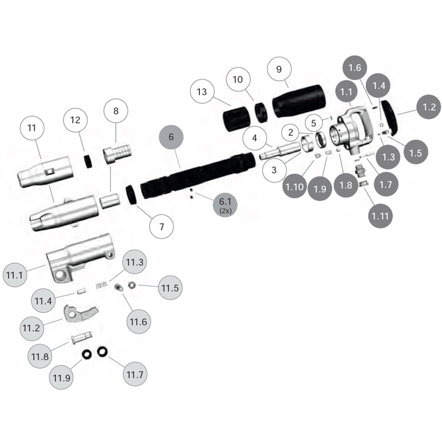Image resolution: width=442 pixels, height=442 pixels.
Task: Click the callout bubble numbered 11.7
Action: pyautogui.click(x=135, y=374)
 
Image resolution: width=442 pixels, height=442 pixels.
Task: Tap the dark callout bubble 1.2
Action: pyautogui.click(x=429, y=107)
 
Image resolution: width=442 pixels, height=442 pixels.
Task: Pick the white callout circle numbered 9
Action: pyautogui.click(x=279, y=69)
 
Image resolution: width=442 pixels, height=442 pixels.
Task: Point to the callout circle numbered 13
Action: pyautogui.click(x=202, y=92)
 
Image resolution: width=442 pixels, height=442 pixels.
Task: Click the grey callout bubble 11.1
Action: pyautogui.click(x=15, y=275)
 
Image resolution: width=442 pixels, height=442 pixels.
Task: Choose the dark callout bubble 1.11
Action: pyautogui.click(x=380, y=216)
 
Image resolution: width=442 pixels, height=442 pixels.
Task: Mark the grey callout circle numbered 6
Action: pyautogui.click(x=171, y=137)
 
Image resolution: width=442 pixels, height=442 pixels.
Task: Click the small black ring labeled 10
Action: pyautogui.click(x=262, y=112)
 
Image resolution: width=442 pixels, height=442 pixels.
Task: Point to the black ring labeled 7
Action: pyautogui.click(x=132, y=194)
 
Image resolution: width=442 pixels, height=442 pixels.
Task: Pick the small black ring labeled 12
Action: pyautogui.click(x=88, y=161)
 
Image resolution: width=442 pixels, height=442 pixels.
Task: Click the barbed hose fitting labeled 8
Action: pyautogui.click(x=117, y=154)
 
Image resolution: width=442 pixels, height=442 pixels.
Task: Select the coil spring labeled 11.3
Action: pyautogui.click(x=102, y=285)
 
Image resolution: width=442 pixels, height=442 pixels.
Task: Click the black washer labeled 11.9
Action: pyautogui.click(x=87, y=354)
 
